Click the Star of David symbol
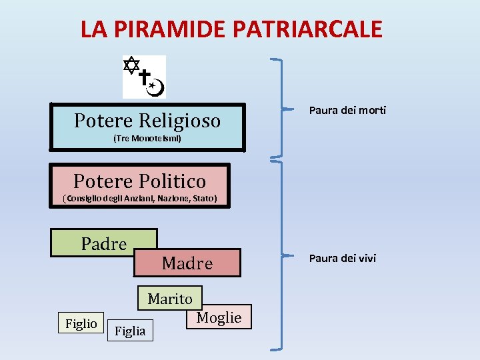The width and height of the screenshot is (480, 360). tap(132, 65)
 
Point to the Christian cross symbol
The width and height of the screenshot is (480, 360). tap(144, 78)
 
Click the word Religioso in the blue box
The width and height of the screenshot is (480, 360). tap(180, 121)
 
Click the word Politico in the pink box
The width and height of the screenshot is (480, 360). tap(175, 181)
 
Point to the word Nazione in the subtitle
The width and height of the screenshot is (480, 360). tap(173, 199)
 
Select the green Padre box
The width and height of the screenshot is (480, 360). tap(104, 243)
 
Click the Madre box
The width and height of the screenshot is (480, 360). tap(187, 263)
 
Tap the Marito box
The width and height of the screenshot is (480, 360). tap(170, 299)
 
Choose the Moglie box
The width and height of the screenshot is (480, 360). tap(219, 317)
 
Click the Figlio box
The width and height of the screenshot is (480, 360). tap(81, 323)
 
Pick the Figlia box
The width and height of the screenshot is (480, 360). tap(130, 330)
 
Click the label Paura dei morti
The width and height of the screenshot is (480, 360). tap(347, 110)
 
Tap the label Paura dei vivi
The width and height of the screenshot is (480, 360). tap(343, 258)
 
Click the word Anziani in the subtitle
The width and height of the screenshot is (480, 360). tap(140, 199)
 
